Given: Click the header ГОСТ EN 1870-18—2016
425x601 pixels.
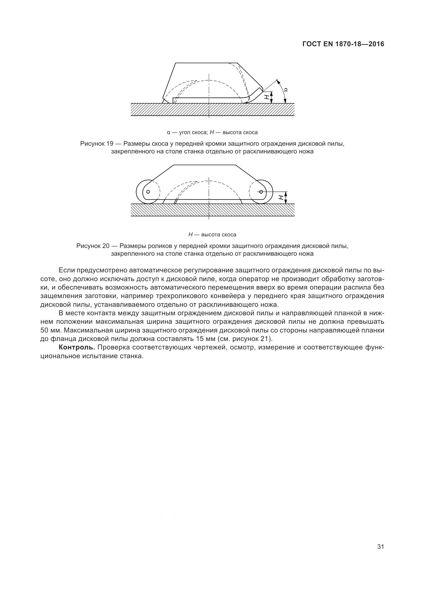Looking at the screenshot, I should [343, 44].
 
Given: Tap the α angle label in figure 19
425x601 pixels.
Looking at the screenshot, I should [286, 90].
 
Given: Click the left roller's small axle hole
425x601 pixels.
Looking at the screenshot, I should [148, 192].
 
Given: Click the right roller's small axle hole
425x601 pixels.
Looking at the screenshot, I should [261, 192].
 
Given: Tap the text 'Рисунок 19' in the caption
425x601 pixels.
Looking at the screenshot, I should [97, 144].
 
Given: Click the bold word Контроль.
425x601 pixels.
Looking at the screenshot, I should [77, 347].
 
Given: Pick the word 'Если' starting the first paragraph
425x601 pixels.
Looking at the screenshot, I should [67, 270].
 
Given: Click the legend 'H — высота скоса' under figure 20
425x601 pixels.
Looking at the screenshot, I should [212, 235].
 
